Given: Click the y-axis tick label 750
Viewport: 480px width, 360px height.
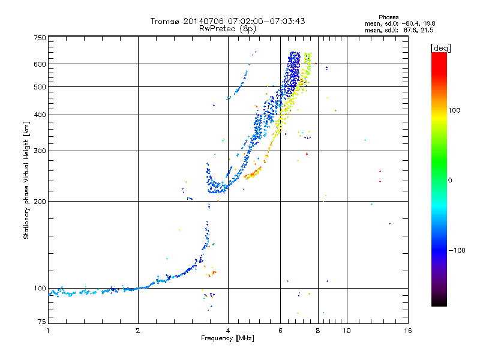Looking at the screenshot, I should [40, 37].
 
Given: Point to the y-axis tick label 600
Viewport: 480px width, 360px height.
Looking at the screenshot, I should [40, 64].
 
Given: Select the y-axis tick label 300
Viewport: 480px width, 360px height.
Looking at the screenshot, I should [40, 151].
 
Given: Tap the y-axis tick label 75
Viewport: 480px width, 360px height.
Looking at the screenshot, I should [41, 323].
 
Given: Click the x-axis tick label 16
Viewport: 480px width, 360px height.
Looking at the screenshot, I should [407, 331].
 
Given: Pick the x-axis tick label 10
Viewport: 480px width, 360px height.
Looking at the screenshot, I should [346, 331].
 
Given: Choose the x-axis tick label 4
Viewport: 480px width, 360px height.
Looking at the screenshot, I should [228, 331].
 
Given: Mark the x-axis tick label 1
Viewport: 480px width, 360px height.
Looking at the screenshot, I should [48, 331].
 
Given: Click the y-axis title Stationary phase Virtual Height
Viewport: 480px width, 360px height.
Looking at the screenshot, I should [26, 180].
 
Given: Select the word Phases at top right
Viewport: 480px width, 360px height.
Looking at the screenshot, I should [389, 17].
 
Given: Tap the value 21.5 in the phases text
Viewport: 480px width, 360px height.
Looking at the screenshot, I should [427, 29].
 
